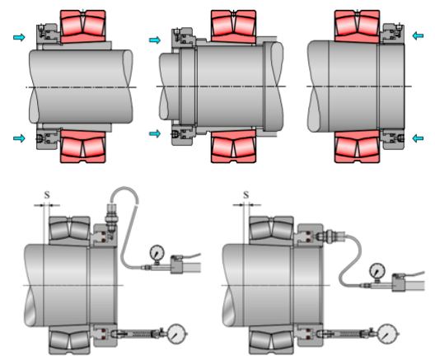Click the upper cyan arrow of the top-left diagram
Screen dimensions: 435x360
click(19, 37)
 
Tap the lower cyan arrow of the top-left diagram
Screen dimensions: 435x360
click(19, 138)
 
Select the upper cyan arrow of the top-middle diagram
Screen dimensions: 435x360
click(155, 40)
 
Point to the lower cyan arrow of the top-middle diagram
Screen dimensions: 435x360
click(155, 133)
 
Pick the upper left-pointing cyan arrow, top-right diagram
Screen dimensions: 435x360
click(418, 35)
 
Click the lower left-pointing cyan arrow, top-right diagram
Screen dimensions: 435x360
click(418, 138)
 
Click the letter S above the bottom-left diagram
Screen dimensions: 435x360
click(47, 195)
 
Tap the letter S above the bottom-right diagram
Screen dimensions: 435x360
click(246, 195)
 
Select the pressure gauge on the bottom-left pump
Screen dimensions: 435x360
click(157, 254)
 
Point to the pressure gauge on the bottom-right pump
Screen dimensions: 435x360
click(377, 271)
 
